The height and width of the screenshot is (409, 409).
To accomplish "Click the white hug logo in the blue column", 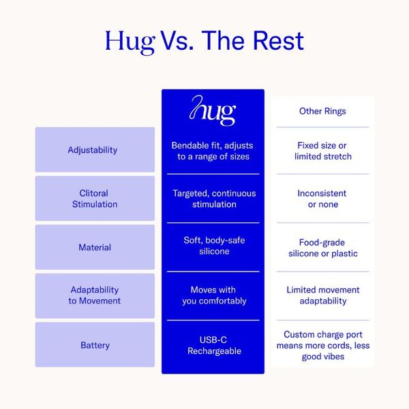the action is pos(213,110).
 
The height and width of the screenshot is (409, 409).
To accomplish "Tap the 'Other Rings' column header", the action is pos(322,111).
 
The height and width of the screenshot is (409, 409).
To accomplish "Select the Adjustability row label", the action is pos(93,150).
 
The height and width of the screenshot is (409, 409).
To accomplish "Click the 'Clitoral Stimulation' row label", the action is pos(95,199).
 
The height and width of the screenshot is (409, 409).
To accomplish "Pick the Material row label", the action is pos(95,247).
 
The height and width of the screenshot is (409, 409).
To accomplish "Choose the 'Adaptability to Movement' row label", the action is pos(95,295).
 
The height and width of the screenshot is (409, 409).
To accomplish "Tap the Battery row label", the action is pos(95,346).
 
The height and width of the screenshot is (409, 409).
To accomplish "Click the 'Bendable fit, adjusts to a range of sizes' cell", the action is pos(212,151).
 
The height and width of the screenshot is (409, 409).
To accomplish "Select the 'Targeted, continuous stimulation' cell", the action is pos(214,199).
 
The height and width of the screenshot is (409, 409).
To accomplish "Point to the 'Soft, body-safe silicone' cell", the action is pos(214,245).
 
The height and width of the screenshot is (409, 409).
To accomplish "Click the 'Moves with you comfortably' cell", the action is pos(214,295).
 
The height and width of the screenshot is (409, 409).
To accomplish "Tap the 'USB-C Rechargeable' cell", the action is pos(214,346).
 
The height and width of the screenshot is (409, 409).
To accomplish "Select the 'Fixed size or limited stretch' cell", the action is pos(323,151).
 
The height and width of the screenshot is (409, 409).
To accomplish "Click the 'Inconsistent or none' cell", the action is pos(322,199).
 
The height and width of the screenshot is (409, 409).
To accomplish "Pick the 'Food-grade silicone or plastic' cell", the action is pos(323,248).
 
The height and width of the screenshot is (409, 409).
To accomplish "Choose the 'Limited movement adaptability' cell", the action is pos(323,295).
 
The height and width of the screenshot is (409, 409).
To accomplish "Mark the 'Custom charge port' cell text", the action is pos(323,346).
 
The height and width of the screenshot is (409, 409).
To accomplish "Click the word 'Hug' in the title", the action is pos(130,42).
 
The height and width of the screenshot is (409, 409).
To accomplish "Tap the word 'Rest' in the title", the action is pos(278,40).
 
